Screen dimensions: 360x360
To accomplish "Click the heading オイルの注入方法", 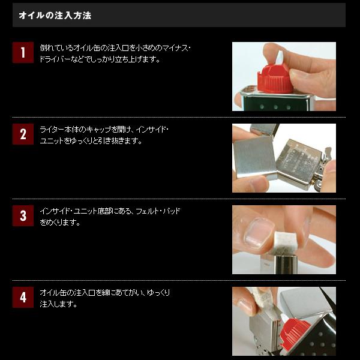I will [55, 15].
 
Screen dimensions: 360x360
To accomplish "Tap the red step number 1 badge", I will [23, 53].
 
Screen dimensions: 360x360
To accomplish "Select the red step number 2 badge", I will [23, 134].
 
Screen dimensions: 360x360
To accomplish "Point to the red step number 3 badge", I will [23, 215].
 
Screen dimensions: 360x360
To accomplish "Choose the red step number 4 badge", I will [23, 297].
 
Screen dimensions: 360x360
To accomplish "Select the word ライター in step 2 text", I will [52, 130].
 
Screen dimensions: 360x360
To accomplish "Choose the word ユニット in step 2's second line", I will [51, 141].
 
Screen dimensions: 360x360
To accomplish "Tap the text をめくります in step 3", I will [60, 223].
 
